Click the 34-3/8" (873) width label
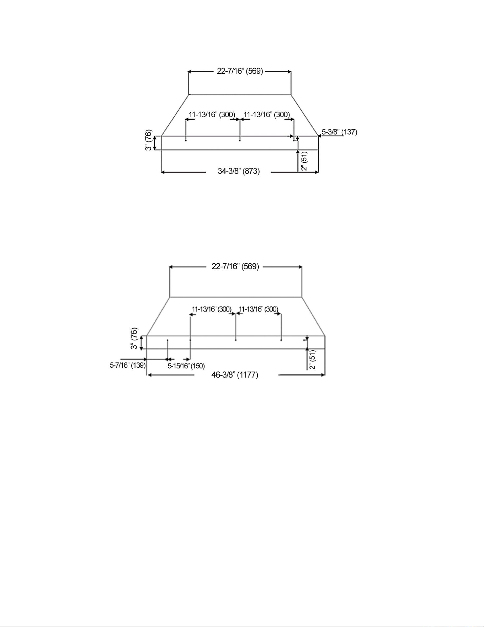click(x=239, y=172)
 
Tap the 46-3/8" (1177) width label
click(x=235, y=375)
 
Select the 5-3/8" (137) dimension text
click(x=340, y=132)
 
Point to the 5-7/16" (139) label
click(x=128, y=365)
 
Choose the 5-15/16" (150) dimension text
click(x=186, y=366)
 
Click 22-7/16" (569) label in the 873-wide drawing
click(x=240, y=71)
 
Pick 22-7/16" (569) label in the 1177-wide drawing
click(x=235, y=266)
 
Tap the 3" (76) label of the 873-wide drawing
click(x=149, y=140)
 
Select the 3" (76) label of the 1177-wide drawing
click(x=134, y=339)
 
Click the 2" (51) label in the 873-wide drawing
click(x=305, y=161)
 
